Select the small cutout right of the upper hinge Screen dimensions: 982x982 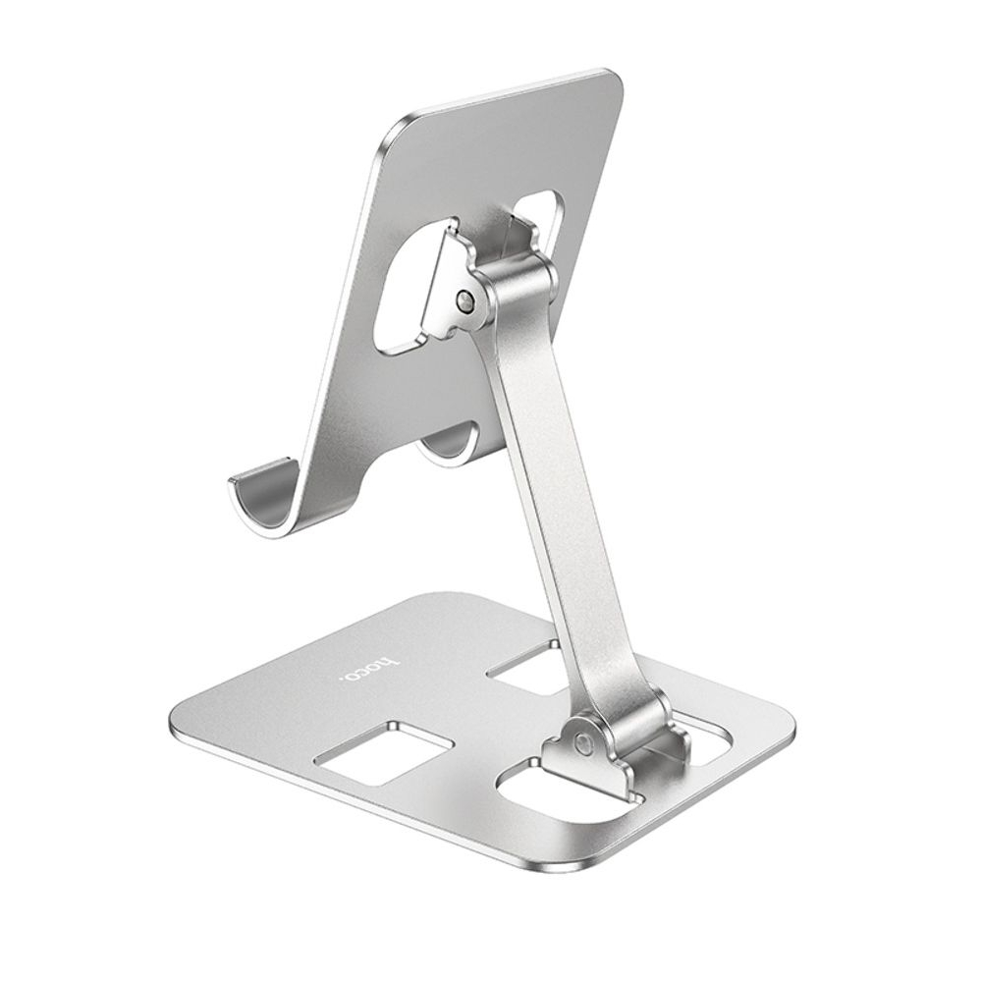[x=543, y=216]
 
